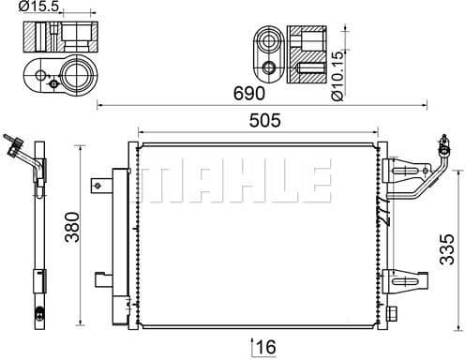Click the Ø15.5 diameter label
click(x=43, y=7)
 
